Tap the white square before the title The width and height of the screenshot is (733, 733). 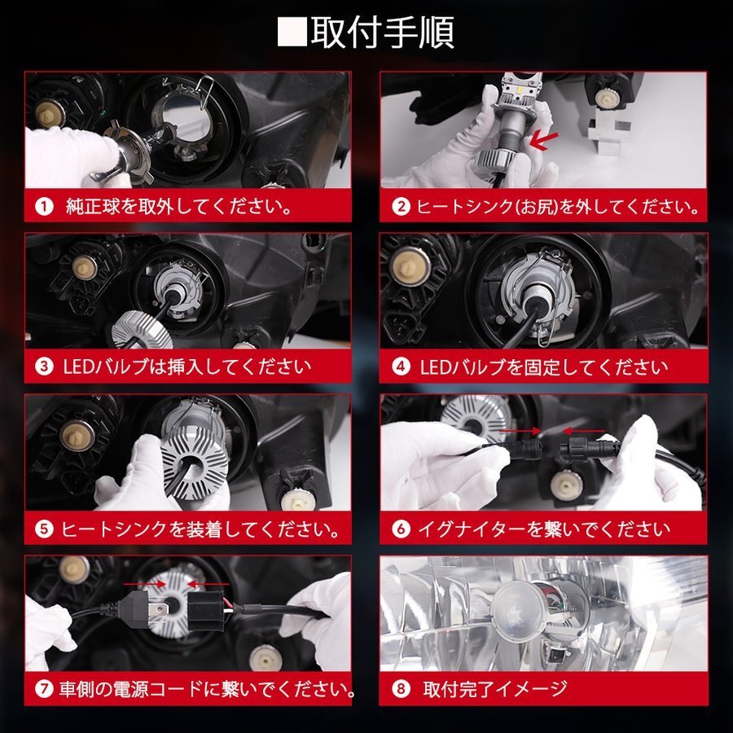[292, 33]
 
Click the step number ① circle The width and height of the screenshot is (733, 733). [43, 207]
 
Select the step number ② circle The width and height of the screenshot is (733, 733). [400, 207]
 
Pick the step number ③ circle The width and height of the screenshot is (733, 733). [43, 367]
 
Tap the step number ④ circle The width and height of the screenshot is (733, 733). [400, 367]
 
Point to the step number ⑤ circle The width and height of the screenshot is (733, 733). [43, 529]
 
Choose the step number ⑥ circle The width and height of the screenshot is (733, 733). [400, 529]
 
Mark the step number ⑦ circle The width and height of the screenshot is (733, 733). [43, 690]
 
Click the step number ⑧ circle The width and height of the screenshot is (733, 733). [400, 690]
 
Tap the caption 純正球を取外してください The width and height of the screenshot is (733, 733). [178, 207]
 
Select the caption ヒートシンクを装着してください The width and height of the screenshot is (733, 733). [200, 529]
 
